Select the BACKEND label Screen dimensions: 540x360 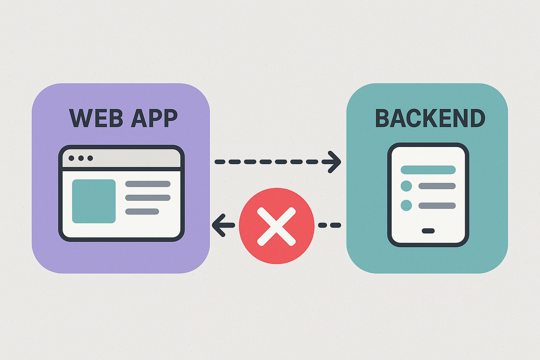pyautogui.click(x=430, y=118)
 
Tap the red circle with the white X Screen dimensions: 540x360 pyautogui.click(x=277, y=226)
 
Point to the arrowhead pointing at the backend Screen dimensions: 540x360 pyautogui.click(x=335, y=162)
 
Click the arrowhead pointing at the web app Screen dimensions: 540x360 pyautogui.click(x=218, y=225)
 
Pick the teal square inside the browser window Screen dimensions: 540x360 pyautogui.click(x=94, y=201)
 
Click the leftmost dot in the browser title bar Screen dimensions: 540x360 pyautogui.click(x=71, y=158)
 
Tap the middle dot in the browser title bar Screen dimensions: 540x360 pyautogui.click(x=81, y=158)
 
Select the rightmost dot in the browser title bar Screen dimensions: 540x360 pyautogui.click(x=90, y=158)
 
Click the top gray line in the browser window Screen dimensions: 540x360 pyautogui.click(x=148, y=184)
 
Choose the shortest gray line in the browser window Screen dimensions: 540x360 pyautogui.click(x=142, y=212)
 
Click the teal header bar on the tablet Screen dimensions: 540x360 pyautogui.click(x=428, y=170)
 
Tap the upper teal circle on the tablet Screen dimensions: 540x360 pyautogui.click(x=406, y=186)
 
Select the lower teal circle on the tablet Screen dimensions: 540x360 pyautogui.click(x=406, y=205)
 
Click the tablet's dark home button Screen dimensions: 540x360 pyautogui.click(x=428, y=231)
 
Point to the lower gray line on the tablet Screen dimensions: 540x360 pyautogui.click(x=437, y=206)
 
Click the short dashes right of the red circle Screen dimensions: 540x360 pyautogui.click(x=329, y=225)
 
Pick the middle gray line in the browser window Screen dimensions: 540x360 pyautogui.click(x=148, y=198)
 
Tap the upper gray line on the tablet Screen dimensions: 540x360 pyautogui.click(x=437, y=186)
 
